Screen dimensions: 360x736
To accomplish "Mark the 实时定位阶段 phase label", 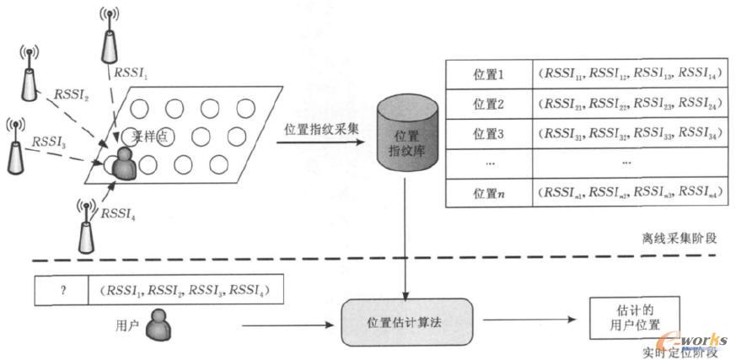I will click(678, 349).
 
